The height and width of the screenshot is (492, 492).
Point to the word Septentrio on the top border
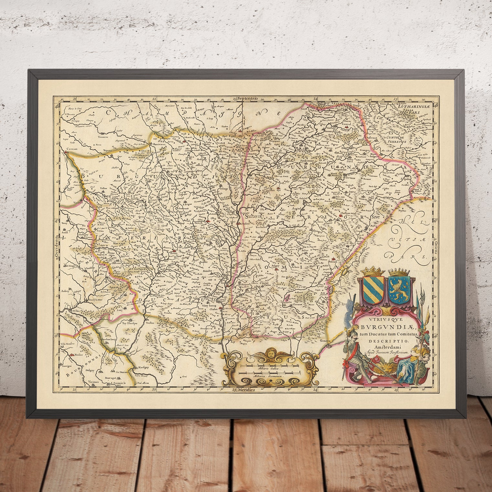pos(247,98)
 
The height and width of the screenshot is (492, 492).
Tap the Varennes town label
pos(93,382)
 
